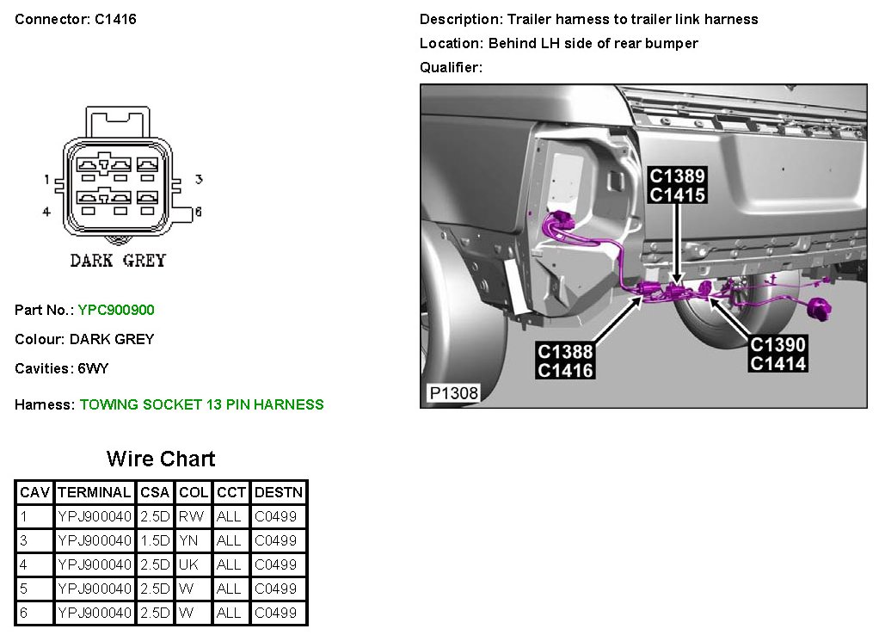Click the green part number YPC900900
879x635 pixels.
[x=116, y=310]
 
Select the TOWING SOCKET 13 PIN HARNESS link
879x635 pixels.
[x=201, y=404]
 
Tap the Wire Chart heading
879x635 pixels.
[x=161, y=459]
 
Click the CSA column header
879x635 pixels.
[x=155, y=493]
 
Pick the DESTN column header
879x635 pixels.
[x=279, y=493]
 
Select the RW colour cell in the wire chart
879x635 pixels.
[x=186, y=517]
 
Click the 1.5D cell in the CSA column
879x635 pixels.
[x=155, y=541]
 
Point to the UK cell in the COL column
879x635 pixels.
[x=187, y=565]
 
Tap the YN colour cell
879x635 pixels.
[x=187, y=541]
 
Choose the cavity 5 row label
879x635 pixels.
[x=24, y=589]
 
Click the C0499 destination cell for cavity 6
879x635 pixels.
[x=275, y=613]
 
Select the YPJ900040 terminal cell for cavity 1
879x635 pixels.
[x=94, y=517]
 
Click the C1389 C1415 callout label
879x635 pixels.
[x=678, y=186]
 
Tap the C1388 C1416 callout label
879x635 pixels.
[x=565, y=361]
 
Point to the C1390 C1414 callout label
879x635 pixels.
[x=778, y=354]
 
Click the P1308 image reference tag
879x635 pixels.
[x=453, y=393]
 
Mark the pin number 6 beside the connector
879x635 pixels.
[x=197, y=212]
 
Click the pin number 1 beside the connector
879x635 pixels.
[x=47, y=180]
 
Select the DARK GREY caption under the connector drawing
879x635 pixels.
[x=118, y=261]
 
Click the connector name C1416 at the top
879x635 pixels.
[x=114, y=19]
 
